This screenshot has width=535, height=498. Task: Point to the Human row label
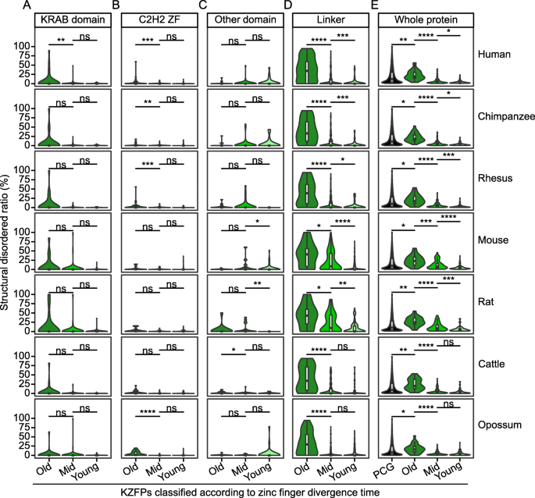(498, 55)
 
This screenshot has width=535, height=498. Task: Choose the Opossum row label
(498, 425)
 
